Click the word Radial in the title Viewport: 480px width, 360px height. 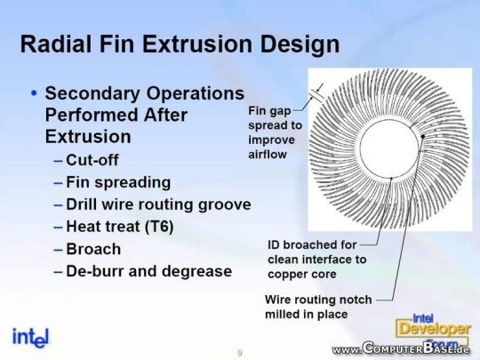click(56, 44)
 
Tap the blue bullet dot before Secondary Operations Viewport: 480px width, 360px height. click(34, 92)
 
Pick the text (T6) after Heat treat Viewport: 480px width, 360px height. click(159, 227)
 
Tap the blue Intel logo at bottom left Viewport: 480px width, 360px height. click(30, 338)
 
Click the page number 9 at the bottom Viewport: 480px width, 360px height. click(240, 353)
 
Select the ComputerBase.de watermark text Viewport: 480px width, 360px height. click(401, 348)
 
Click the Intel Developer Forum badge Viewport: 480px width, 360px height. click(433, 331)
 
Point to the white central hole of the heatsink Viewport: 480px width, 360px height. click(389, 148)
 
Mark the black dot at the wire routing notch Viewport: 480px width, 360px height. click(423, 136)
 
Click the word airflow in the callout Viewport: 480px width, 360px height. click(268, 155)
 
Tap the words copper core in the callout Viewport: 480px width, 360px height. click(302, 275)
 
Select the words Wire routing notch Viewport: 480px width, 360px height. click(318, 300)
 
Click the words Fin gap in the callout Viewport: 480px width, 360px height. click(269, 111)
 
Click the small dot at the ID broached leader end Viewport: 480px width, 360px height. click(391, 178)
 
